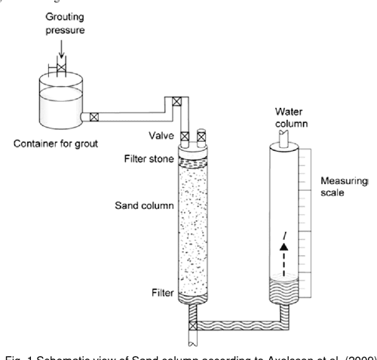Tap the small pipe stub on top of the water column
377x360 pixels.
click(284, 134)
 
